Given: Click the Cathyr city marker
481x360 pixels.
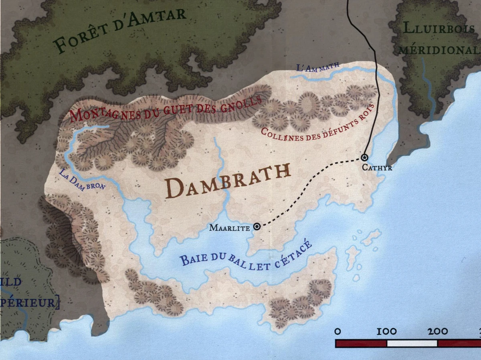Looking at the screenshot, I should click(364, 157).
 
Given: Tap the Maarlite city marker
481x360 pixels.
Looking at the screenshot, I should click(257, 227).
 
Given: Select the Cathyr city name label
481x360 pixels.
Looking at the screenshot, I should click(377, 168).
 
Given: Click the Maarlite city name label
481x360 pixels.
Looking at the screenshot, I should click(230, 228).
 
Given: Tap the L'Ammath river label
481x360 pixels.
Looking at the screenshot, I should click(318, 67).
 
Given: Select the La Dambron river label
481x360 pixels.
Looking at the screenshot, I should click(82, 181).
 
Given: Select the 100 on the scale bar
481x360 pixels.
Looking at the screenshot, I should click(387, 332).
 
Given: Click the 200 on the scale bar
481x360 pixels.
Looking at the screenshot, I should click(438, 332).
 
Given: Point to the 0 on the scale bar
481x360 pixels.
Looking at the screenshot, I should click(338, 332).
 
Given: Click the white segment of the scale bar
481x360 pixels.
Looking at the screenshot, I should click(412, 343).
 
